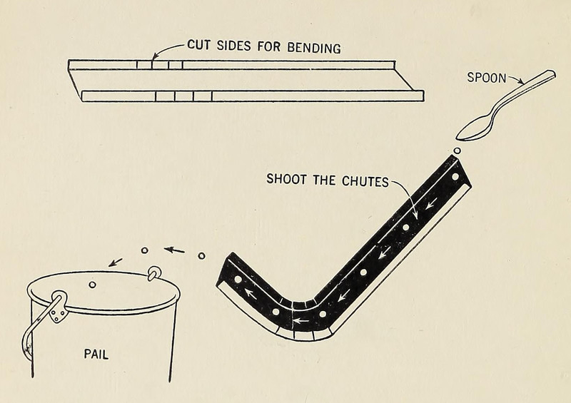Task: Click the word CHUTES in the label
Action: (363, 181)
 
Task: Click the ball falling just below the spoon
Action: (457, 151)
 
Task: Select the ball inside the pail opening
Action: (92, 285)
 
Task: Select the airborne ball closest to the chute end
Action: (201, 255)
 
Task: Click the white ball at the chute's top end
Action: (455, 175)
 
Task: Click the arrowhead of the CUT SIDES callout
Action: (155, 58)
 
